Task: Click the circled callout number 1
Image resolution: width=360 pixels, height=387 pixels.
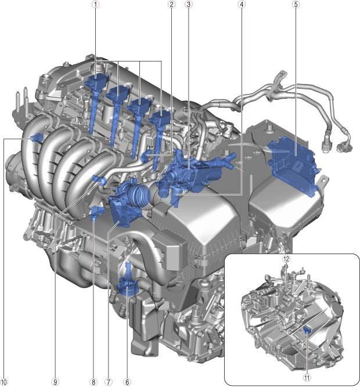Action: tap(96, 4)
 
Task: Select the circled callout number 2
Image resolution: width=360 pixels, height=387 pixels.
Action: tap(171, 4)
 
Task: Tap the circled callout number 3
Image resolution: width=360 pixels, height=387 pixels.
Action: tap(188, 4)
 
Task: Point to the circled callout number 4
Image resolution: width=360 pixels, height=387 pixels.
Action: tap(242, 4)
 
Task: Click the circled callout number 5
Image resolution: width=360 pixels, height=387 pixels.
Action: tap(296, 4)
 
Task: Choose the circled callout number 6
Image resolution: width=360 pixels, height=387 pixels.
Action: tap(127, 382)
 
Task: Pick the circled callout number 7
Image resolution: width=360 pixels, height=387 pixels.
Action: tap(108, 382)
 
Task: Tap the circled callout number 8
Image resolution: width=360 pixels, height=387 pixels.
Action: tap(93, 382)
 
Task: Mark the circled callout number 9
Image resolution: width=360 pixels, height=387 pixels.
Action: tap(55, 382)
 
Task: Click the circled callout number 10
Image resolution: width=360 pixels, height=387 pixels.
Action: tap(4, 382)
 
